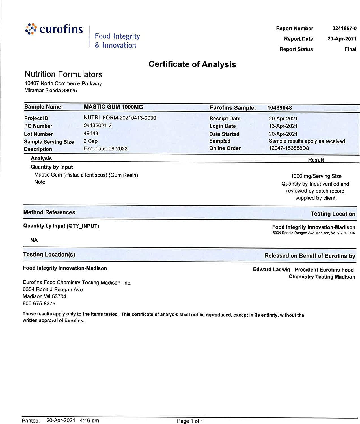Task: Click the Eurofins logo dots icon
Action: (31, 29)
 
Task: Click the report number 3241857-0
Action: (344, 29)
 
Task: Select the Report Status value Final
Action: (350, 49)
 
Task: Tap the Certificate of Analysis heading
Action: (192, 64)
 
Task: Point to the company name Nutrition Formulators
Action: (64, 74)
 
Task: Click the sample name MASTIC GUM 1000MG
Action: (113, 107)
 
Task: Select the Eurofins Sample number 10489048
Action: (279, 108)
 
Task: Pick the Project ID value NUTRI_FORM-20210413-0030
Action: (120, 118)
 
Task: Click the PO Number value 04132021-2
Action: (98, 125)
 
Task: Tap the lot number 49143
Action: (91, 133)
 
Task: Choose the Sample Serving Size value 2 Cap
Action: (90, 141)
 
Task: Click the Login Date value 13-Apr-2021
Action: (283, 126)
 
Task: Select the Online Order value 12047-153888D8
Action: (289, 148)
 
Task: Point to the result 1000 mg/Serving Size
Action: (316, 176)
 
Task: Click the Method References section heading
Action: (49, 212)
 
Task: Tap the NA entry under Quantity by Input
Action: (34, 240)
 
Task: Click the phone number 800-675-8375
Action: (39, 304)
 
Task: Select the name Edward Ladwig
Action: (271, 270)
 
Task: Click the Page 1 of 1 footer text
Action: (190, 421)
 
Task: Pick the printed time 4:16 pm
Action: (89, 421)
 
